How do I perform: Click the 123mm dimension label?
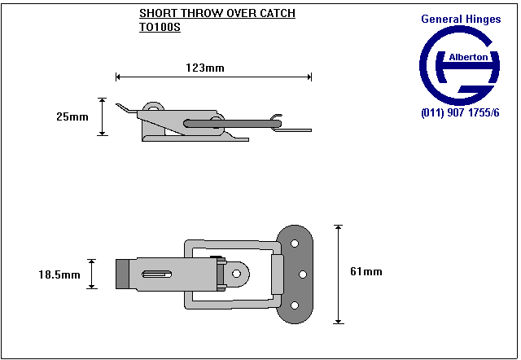tap(204, 68)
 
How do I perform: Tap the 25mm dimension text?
tap(72, 116)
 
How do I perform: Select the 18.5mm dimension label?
tap(59, 274)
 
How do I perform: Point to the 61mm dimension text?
tap(366, 271)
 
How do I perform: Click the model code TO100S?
tap(160, 26)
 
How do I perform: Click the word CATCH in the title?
tap(274, 14)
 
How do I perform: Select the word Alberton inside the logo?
tap(468, 58)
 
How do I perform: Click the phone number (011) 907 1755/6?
tap(460, 112)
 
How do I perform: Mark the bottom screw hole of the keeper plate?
tap(295, 305)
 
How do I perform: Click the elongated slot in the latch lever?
tap(158, 274)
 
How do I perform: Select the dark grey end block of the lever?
tap(122, 274)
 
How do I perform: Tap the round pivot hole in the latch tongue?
tap(236, 275)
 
